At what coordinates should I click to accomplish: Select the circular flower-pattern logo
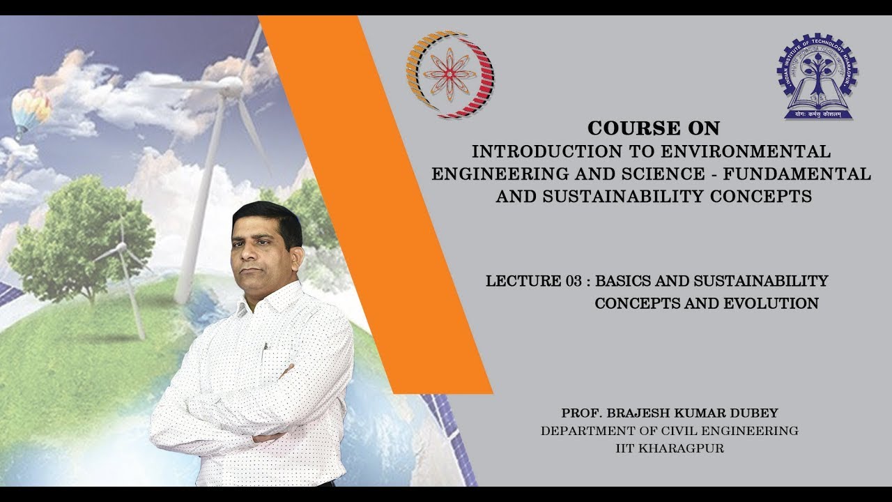coord(449,74)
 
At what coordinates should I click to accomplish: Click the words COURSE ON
coord(653,128)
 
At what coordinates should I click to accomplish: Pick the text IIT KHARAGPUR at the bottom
coord(670,448)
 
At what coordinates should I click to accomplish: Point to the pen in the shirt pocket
coord(265,347)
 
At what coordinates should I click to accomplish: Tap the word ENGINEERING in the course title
coord(491,174)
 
